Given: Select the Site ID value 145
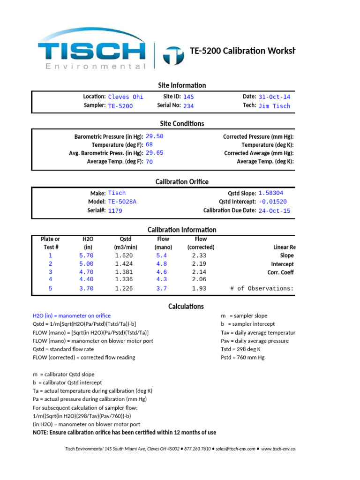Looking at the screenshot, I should [188, 97].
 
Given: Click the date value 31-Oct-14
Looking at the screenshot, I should [274, 97].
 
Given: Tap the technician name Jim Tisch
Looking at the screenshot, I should [274, 106].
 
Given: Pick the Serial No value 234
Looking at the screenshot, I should [188, 106].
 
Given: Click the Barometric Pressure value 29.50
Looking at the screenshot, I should [155, 136].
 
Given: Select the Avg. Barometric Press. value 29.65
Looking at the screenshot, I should [155, 153].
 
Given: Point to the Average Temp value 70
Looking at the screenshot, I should [150, 162].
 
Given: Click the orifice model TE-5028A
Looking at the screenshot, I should [122, 202].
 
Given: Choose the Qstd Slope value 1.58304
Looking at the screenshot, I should [270, 193].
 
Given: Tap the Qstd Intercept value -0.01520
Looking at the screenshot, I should [272, 202].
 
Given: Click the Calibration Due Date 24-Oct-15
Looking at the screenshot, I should [274, 210].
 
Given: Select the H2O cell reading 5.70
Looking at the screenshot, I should [86, 255].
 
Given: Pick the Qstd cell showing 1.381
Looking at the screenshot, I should [124, 272].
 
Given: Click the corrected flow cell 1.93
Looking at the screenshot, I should [199, 289].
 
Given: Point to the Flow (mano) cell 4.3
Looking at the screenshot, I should [161, 279].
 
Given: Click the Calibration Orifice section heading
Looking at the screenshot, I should [182, 182].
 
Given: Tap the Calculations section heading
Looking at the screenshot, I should [186, 306].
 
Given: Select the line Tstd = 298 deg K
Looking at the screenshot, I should [241, 349].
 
